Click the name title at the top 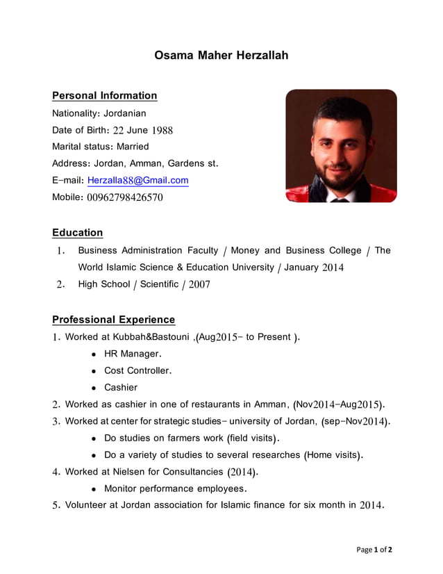click(221, 55)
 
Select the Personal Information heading click(105, 95)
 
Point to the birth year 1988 click(162, 130)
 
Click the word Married click(133, 147)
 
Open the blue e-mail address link click(137, 181)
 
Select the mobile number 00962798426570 click(125, 197)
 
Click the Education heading click(78, 233)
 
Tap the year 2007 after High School click(198, 284)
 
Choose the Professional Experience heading click(114, 320)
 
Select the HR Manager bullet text click(132, 354)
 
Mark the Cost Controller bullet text click(137, 370)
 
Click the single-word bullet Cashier click(121, 387)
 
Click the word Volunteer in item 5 click(86, 505)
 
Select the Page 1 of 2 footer click(374, 550)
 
